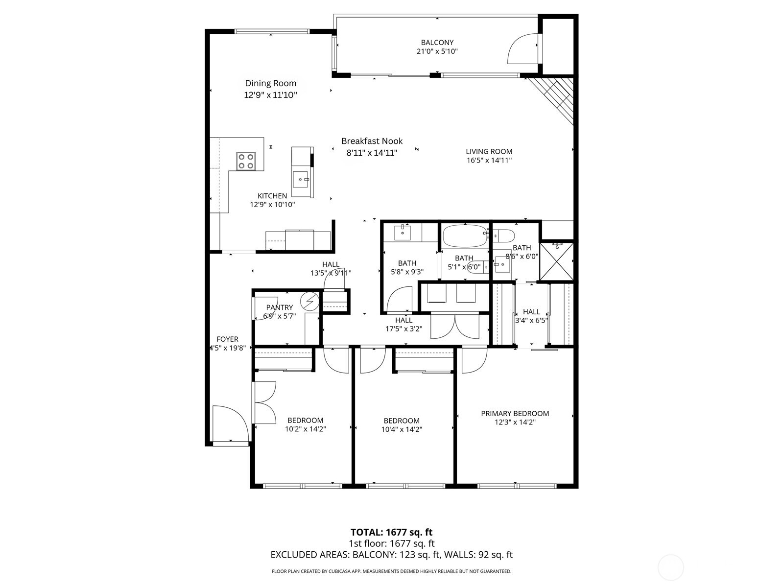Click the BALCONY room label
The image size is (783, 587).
click(437, 43)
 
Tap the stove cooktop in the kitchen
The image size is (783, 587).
click(246, 161)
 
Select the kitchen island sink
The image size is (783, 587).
click(300, 179)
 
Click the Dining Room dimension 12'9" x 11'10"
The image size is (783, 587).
click(270, 95)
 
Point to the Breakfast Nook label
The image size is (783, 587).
click(372, 141)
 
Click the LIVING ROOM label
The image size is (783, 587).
click(489, 152)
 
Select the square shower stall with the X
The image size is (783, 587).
click(556, 261)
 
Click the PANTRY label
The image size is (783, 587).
click(280, 307)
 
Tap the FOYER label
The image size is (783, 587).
click(227, 339)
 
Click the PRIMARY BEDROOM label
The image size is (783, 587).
click(515, 413)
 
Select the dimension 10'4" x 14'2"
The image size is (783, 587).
click(402, 429)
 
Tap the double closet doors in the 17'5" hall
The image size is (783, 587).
click(455, 327)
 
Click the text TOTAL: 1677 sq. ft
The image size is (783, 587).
click(391, 532)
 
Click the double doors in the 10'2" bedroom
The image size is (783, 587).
click(265, 402)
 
